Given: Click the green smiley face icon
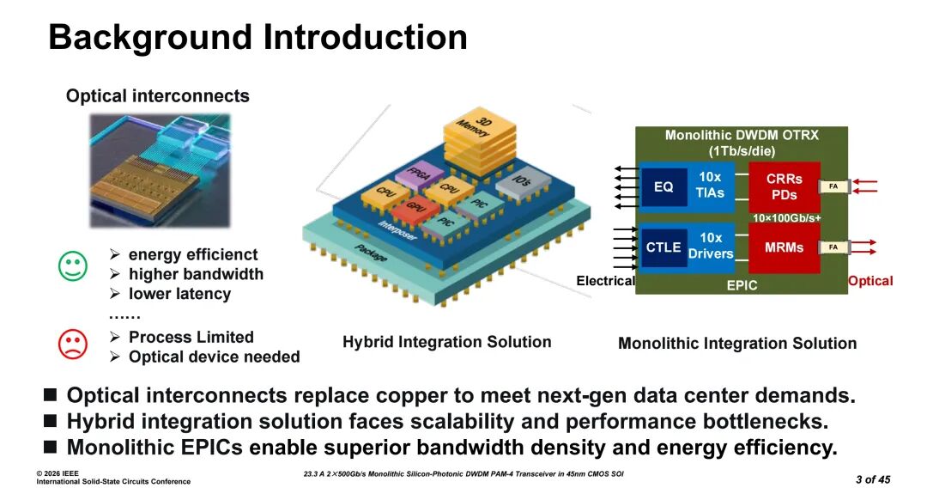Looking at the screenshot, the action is (x=73, y=266).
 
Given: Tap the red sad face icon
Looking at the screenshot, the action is (x=73, y=344).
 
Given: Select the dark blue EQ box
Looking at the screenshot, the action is (x=663, y=187).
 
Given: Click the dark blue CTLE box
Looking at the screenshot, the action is (x=663, y=247).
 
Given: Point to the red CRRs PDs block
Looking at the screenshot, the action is (x=784, y=186).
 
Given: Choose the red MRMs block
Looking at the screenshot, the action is (x=784, y=247).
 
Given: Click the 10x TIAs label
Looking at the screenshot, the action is (x=710, y=185).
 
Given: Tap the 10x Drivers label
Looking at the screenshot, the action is (x=711, y=246).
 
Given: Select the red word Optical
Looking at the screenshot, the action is (x=870, y=281).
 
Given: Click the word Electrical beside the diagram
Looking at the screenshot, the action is (x=605, y=280).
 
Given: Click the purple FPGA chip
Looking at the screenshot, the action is (x=419, y=175).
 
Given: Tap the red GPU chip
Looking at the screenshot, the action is (x=416, y=210).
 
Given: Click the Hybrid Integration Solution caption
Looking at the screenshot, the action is (x=447, y=342).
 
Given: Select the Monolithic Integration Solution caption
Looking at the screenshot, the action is (x=737, y=343).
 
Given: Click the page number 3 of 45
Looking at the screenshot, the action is (x=873, y=479).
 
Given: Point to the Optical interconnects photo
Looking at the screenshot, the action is (x=160, y=170).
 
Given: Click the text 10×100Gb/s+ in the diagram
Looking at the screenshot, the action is (x=786, y=217).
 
